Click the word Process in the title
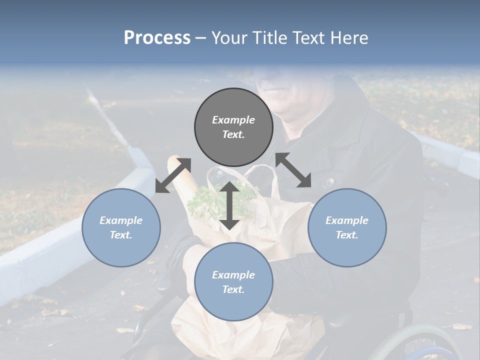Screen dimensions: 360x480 [157, 38]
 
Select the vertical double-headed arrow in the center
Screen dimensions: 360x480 [229, 205]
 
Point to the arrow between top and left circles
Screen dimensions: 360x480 [173, 175]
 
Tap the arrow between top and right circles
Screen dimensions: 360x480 [293, 170]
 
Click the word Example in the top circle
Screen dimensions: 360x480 [233, 120]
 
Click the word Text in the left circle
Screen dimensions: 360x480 [121, 235]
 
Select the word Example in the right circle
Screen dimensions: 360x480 [347, 220]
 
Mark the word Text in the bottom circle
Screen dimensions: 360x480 [233, 289]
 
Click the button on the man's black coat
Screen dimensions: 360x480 [329, 182]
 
